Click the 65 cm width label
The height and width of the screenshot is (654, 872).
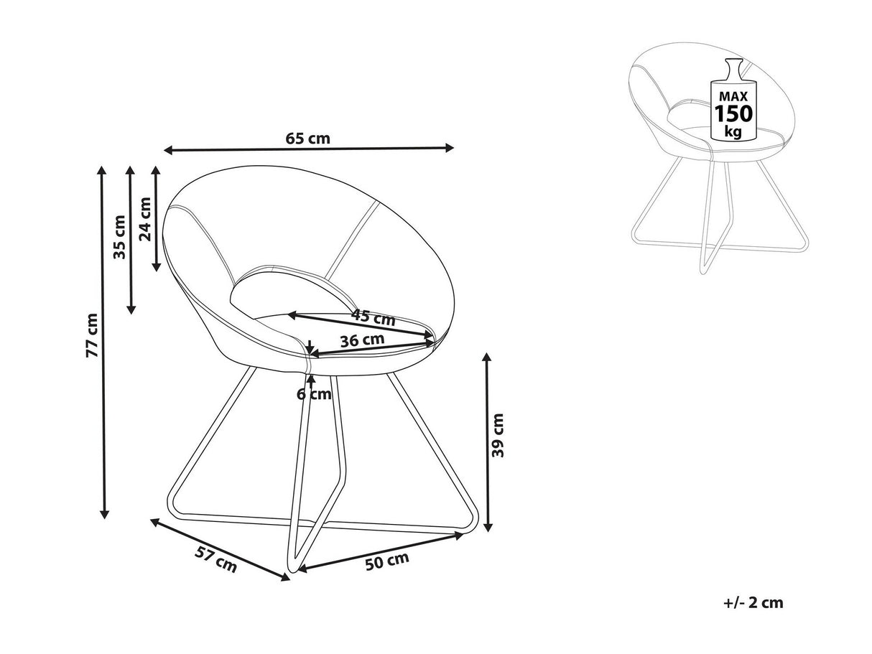tap(308, 139)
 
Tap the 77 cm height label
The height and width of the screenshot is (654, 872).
tap(91, 335)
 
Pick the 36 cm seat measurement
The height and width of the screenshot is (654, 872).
tap(361, 340)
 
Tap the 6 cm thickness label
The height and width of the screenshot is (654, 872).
tap(314, 393)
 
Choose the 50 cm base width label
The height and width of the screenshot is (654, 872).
tap(387, 561)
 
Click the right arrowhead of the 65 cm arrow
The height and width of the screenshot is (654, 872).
tap(450, 148)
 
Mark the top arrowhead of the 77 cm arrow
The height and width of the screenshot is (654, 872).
tap(103, 170)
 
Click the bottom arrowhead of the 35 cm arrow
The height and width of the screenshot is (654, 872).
tap(131, 309)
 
